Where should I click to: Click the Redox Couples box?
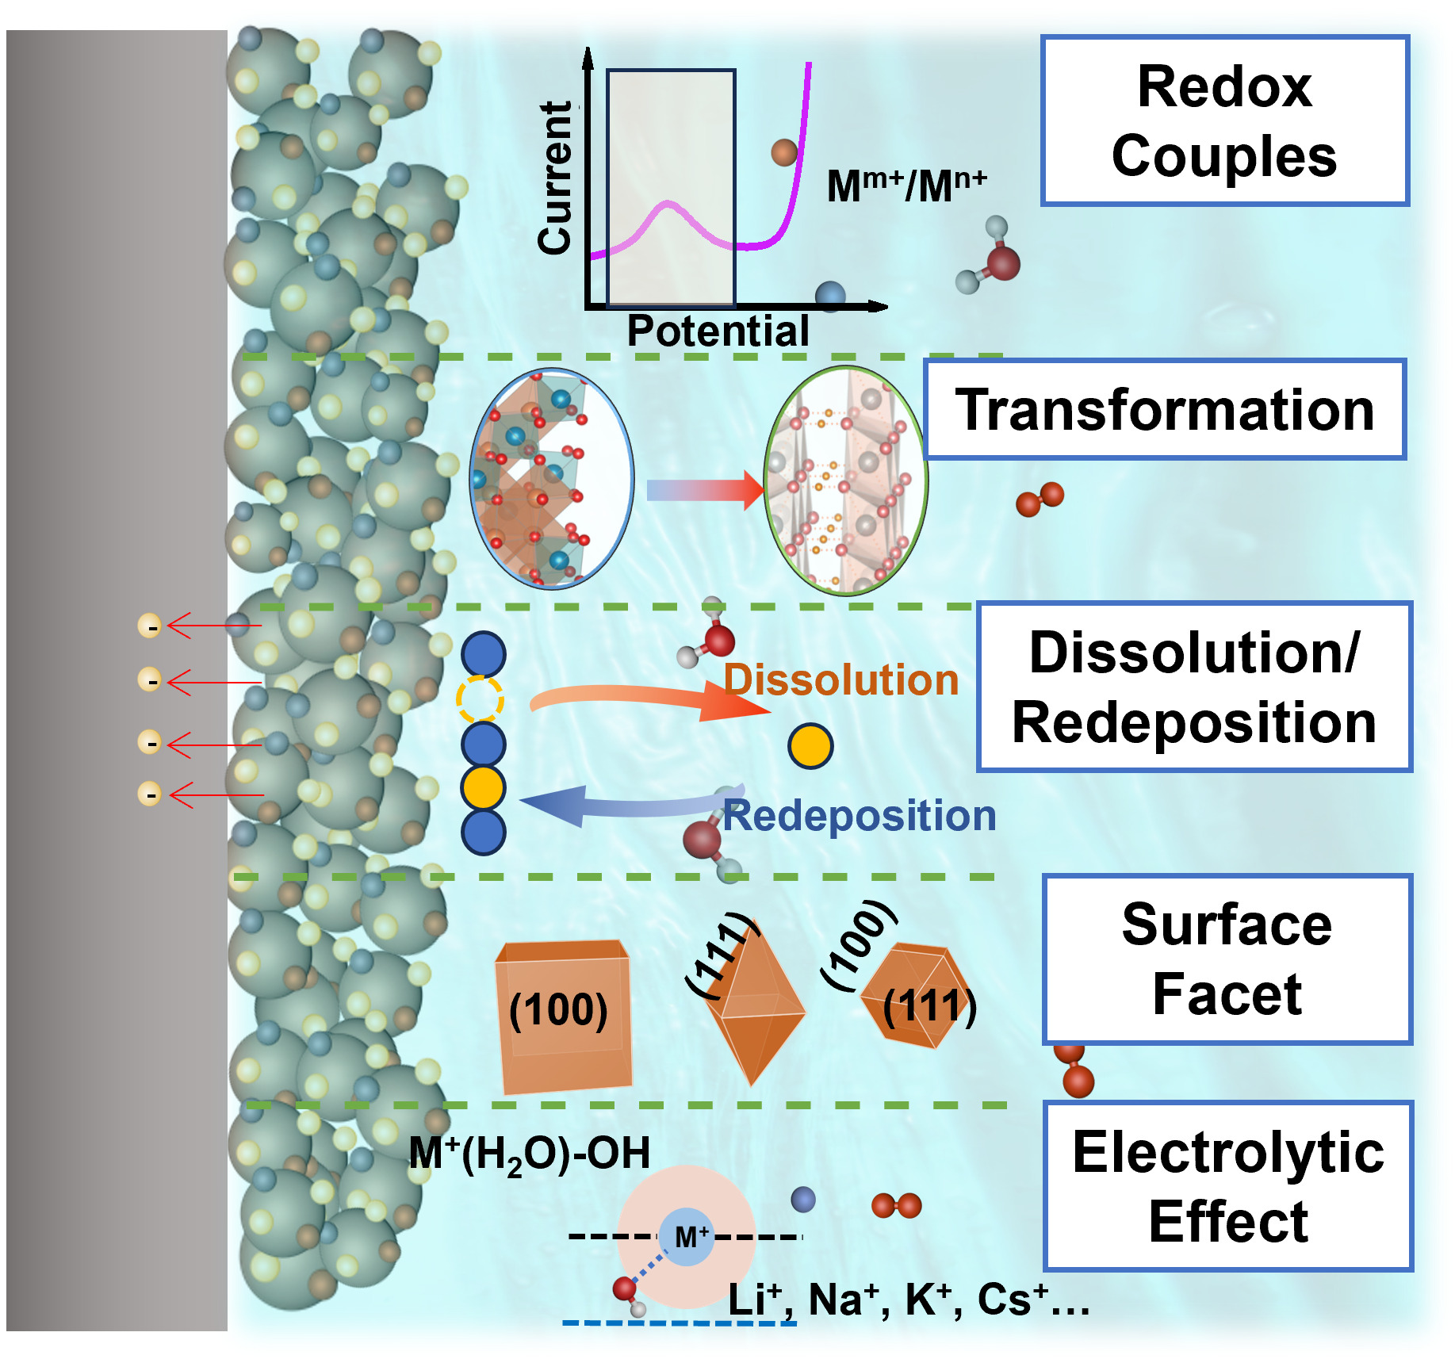[1224, 121]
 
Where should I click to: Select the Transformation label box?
[1164, 409]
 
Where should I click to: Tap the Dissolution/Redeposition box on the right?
[1194, 687]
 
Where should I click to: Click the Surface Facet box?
[1227, 959]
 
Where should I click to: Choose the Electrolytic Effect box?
[1228, 1186]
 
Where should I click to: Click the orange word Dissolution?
[840, 680]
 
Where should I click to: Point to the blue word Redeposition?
[860, 816]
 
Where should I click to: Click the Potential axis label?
[718, 331]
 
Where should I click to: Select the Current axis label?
[554, 178]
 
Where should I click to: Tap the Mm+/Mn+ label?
[906, 186]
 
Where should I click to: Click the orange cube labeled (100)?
[563, 1014]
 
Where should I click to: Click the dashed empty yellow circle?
[481, 699]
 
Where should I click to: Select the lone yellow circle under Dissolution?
[810, 746]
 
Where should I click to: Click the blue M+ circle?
[687, 1237]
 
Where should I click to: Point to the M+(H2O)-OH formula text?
[529, 1154]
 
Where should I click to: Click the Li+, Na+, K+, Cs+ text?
[908, 1300]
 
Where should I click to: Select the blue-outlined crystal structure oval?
[552, 479]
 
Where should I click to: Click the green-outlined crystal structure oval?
[845, 480]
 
